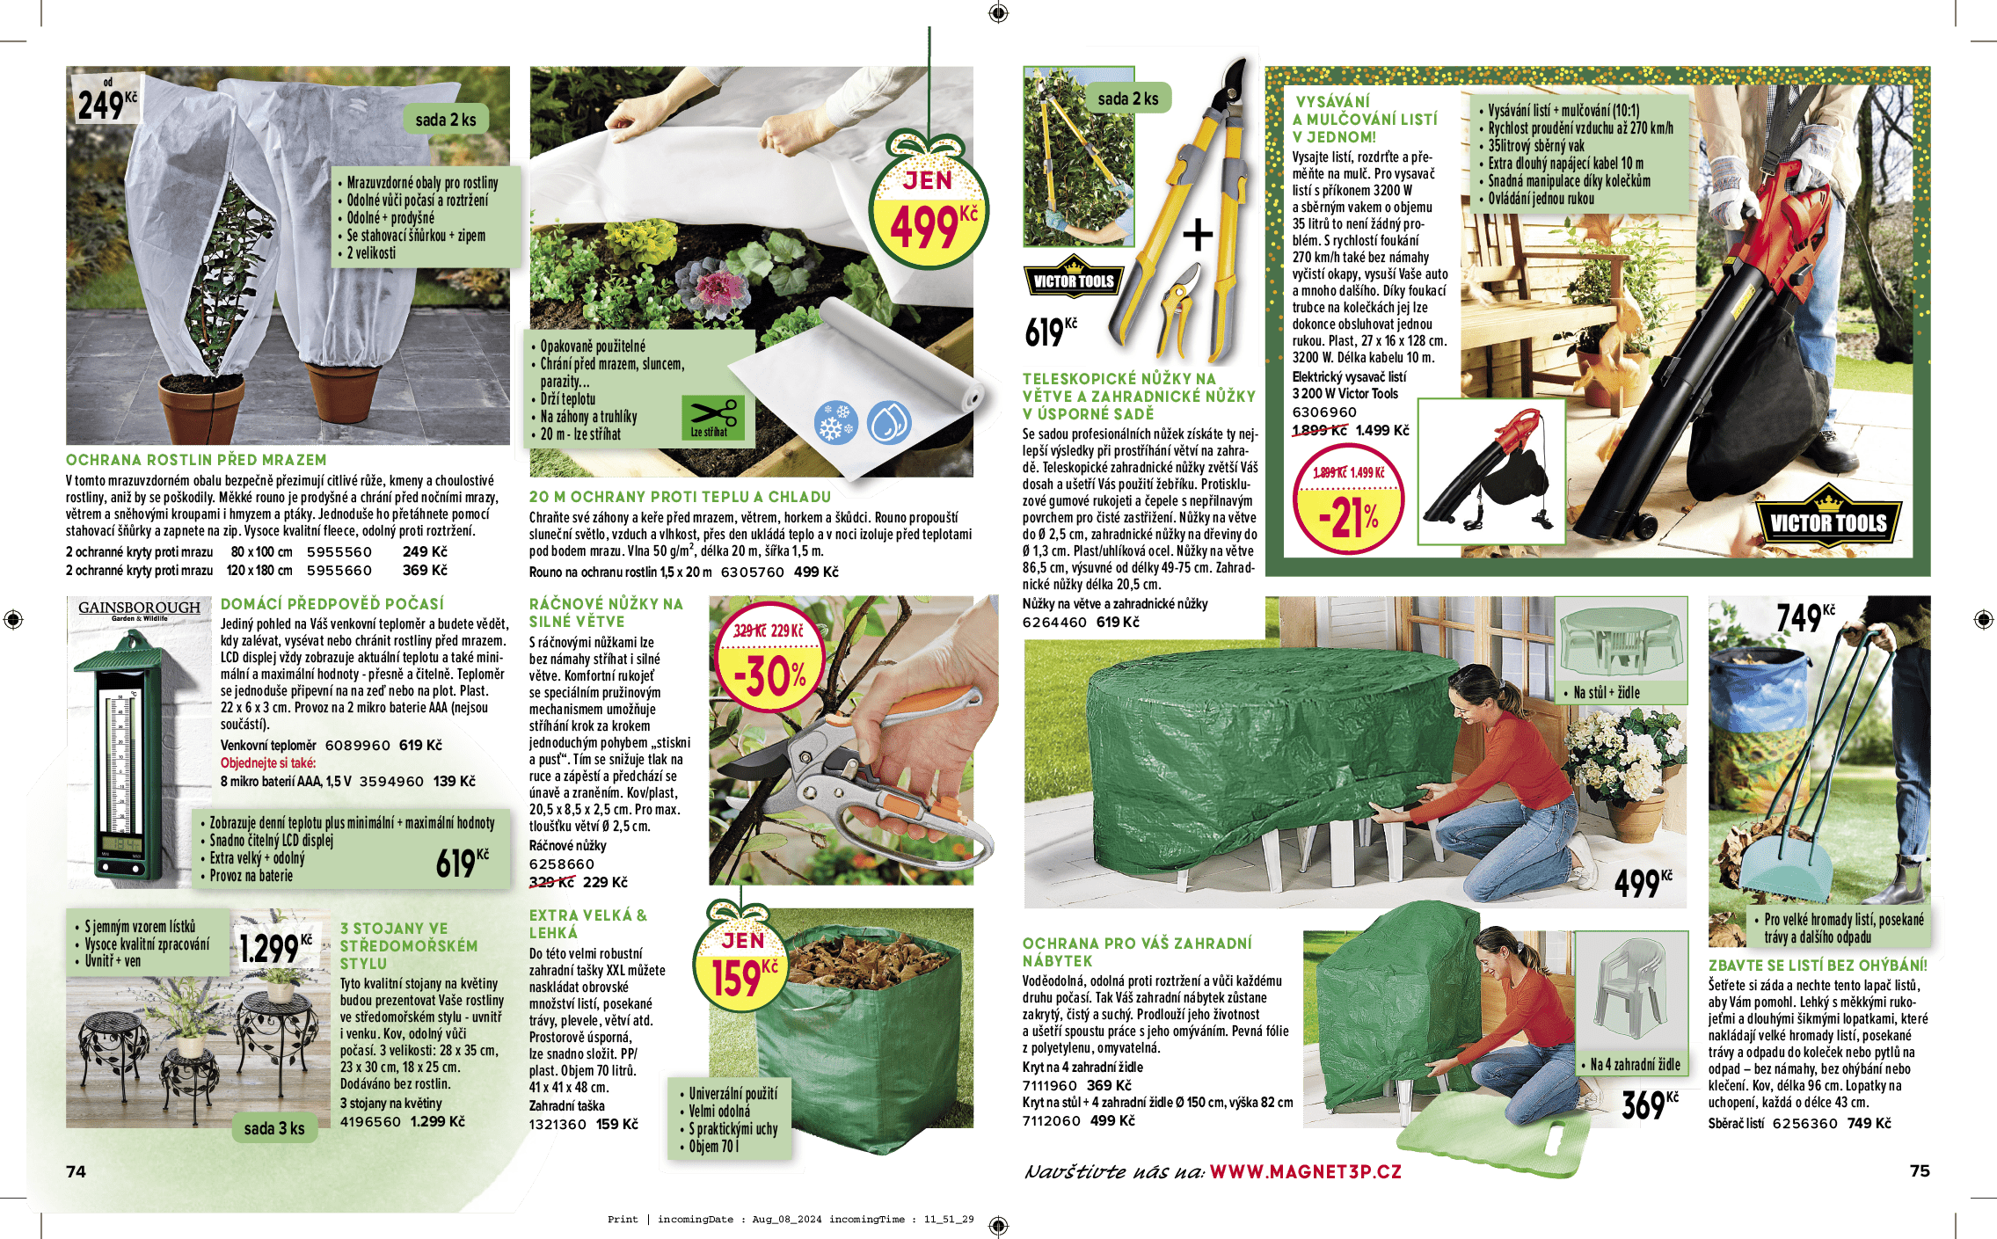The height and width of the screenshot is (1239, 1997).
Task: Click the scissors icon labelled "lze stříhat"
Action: (712, 418)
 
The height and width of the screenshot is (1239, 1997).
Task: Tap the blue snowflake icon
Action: (835, 423)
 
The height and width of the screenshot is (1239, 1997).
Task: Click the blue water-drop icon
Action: (888, 422)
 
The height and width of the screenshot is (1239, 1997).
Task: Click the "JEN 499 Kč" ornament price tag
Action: (929, 203)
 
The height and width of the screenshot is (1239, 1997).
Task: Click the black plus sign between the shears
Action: (1197, 235)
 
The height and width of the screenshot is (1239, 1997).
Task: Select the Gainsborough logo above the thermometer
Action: (139, 609)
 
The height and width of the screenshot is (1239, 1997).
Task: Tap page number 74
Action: (77, 1171)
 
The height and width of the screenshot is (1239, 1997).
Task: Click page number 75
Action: (1920, 1170)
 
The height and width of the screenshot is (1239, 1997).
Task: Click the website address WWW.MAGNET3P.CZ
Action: (1306, 1171)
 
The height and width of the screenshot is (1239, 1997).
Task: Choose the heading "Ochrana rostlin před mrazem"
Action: (196, 460)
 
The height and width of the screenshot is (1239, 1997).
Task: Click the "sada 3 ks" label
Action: (274, 1128)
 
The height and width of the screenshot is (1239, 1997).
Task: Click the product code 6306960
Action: (1324, 412)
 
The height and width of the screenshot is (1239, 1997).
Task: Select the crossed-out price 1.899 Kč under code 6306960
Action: (1319, 430)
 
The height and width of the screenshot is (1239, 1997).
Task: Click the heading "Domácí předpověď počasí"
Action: (332, 604)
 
